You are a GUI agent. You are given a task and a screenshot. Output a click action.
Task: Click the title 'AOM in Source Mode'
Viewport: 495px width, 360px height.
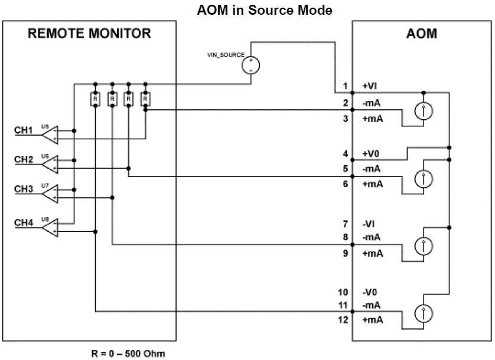[x=264, y=10]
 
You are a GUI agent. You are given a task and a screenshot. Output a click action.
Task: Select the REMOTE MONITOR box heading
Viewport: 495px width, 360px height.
[x=89, y=33]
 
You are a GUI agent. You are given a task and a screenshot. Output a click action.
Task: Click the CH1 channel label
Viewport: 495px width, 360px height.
[x=24, y=130]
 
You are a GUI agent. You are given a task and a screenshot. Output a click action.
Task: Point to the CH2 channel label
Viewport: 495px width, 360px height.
[x=24, y=159]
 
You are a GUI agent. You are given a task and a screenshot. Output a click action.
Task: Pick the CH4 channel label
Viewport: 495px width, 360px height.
[x=24, y=222]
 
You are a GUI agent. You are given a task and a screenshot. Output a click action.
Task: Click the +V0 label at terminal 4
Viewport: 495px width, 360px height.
[x=370, y=154]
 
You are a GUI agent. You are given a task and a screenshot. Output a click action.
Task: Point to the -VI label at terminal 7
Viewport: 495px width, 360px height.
[x=369, y=224]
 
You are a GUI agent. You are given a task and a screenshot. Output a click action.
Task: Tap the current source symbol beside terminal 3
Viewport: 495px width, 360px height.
[x=423, y=111]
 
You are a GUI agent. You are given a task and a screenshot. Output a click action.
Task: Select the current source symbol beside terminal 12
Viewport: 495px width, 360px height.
[x=423, y=313]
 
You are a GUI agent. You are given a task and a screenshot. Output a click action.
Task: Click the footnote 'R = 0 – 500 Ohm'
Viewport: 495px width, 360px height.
[x=128, y=354]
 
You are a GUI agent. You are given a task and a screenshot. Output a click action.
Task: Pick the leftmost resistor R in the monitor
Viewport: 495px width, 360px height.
[x=95, y=99]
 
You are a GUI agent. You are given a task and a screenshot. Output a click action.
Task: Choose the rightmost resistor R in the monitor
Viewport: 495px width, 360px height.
[x=145, y=99]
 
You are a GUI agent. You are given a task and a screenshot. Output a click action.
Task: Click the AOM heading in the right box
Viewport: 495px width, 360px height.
[x=422, y=33]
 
